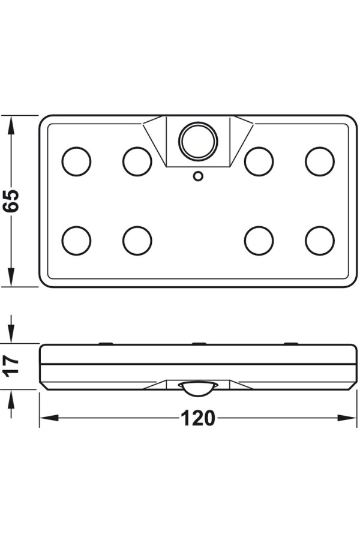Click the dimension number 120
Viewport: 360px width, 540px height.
click(x=198, y=418)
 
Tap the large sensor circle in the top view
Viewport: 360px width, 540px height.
click(x=198, y=141)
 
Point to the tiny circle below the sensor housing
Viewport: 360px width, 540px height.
click(x=198, y=176)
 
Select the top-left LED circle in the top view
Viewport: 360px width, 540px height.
click(x=76, y=161)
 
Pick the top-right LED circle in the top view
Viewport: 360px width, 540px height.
click(x=320, y=161)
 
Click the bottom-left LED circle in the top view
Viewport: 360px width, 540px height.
click(x=76, y=241)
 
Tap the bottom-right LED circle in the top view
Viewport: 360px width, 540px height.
click(x=320, y=241)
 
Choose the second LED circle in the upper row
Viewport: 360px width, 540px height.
click(x=137, y=161)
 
